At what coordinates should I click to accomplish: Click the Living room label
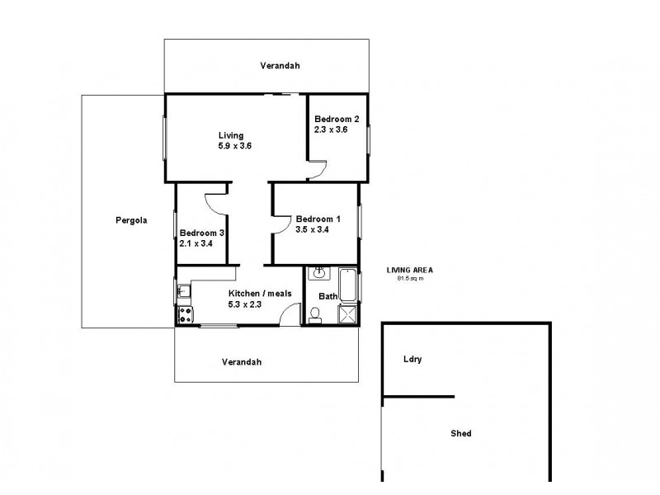pyautogui.click(x=231, y=135)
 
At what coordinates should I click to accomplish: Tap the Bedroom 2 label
pyautogui.click(x=336, y=118)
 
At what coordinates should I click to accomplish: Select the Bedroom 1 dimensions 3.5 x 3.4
pyautogui.click(x=313, y=229)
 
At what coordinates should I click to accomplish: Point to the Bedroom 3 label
pyautogui.click(x=202, y=233)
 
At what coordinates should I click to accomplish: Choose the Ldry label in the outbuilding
pyautogui.click(x=412, y=359)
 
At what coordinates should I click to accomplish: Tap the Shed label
pyautogui.click(x=461, y=433)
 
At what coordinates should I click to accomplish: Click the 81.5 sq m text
pyautogui.click(x=410, y=278)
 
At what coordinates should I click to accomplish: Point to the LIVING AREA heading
pyautogui.click(x=410, y=270)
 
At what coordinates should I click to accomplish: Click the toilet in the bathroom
pyautogui.click(x=314, y=314)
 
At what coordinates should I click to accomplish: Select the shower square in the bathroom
pyautogui.click(x=348, y=313)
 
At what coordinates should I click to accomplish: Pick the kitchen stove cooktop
pyautogui.click(x=183, y=314)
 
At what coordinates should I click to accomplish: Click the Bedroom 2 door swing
pyautogui.click(x=318, y=170)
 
